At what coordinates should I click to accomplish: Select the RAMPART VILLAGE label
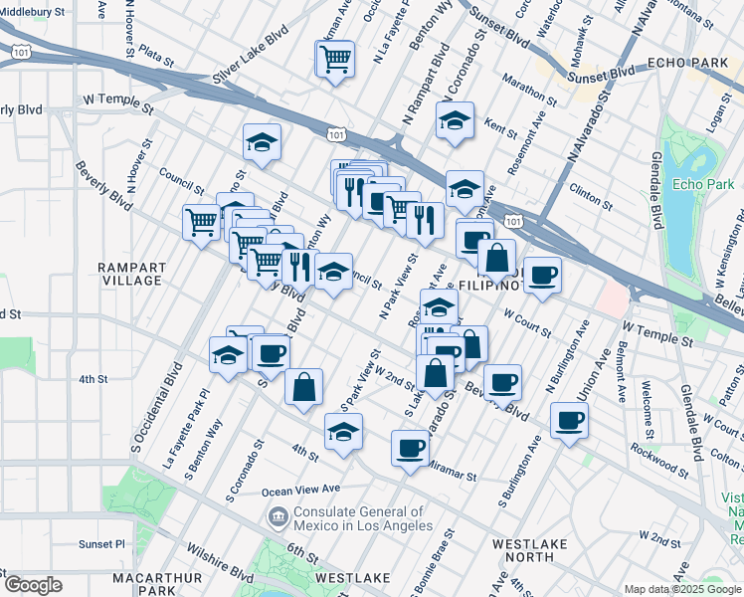(x=129, y=274)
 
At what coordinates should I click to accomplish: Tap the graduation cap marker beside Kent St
(x=454, y=122)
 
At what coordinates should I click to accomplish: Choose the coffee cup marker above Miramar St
(x=411, y=448)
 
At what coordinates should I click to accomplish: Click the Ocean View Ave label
(x=300, y=491)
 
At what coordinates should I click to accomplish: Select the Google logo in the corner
(x=33, y=585)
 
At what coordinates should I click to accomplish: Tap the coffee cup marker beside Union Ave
(x=569, y=421)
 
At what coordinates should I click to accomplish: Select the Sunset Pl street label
(x=102, y=544)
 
